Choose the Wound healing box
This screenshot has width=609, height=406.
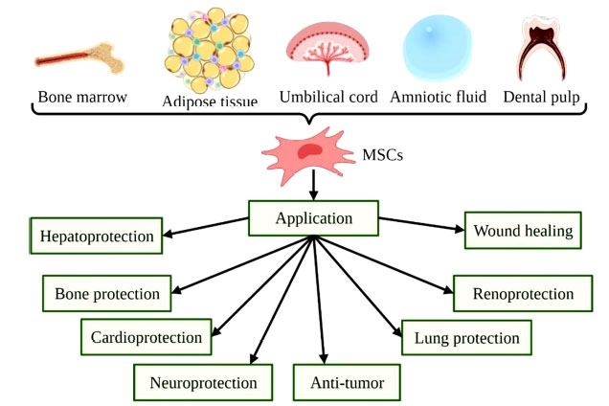[523, 231]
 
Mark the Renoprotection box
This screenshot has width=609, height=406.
[523, 293]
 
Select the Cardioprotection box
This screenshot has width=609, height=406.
[147, 337]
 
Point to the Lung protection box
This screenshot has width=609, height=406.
[467, 338]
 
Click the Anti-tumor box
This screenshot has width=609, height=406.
[347, 383]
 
